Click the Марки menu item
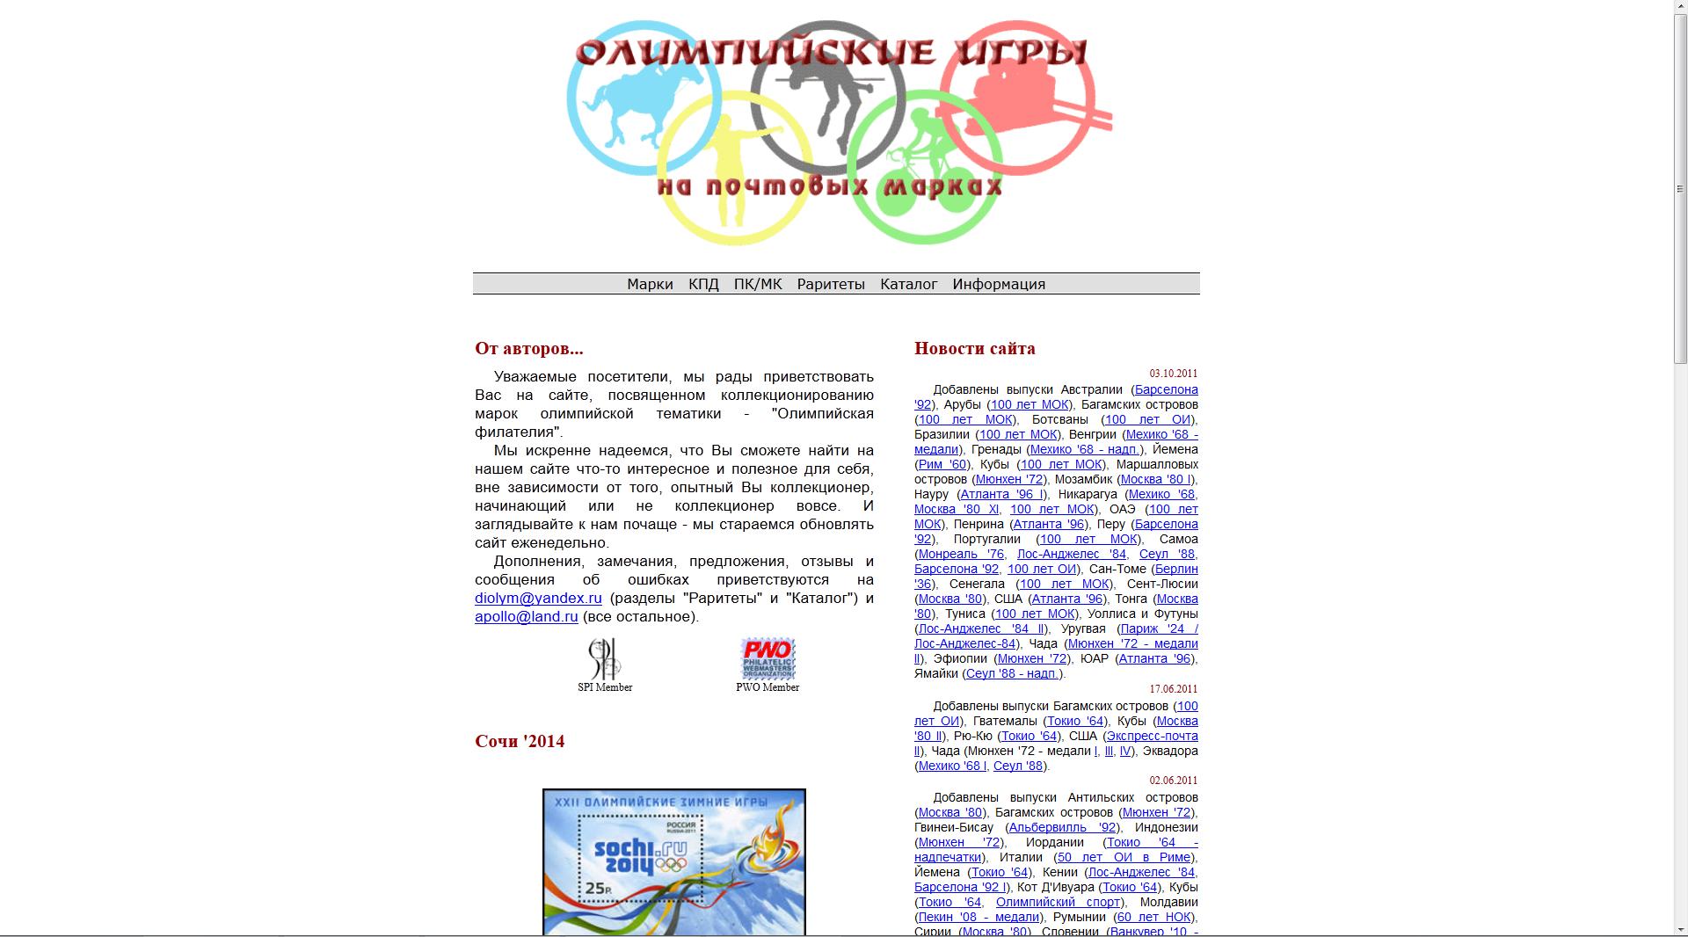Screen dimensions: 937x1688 650,284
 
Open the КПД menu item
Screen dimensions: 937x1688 703,284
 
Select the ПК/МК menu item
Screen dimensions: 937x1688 758,284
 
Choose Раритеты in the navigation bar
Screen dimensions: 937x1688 831,284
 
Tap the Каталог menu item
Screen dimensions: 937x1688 908,284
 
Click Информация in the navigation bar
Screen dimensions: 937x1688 999,284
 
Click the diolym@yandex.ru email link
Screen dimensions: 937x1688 538,598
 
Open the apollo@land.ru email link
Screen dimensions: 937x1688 527,616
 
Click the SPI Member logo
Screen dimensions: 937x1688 605,658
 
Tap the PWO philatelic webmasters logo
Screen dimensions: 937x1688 768,658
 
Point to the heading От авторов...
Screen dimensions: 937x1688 528,348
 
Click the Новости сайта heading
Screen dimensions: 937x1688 974,348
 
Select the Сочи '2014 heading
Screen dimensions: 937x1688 520,741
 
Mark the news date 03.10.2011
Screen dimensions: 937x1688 1173,374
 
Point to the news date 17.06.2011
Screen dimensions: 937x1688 1173,689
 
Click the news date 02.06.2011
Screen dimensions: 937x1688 1173,781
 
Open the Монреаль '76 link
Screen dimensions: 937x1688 961,554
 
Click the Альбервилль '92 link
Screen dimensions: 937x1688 1062,827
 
